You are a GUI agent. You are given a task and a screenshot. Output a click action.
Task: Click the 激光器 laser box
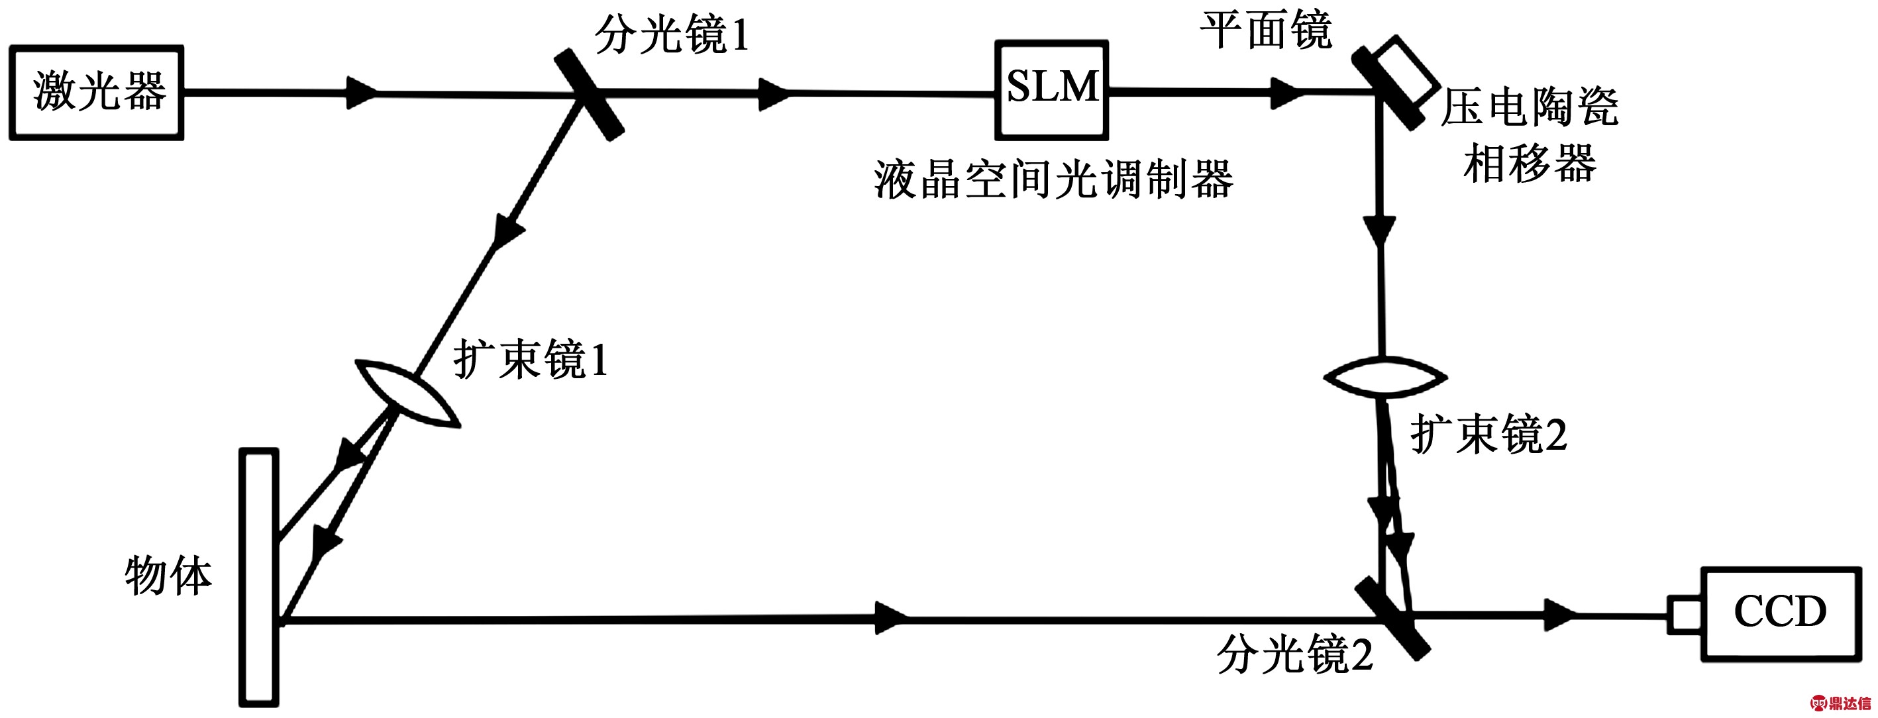point(96,93)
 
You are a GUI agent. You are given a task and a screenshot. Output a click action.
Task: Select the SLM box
point(1051,89)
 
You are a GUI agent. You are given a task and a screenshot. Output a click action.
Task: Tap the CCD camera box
point(1781,614)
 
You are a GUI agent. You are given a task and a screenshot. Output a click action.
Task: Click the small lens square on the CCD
point(1685,615)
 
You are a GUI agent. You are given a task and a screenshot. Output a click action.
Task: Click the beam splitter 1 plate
point(590,95)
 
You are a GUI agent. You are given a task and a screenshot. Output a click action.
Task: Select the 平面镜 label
point(1266,30)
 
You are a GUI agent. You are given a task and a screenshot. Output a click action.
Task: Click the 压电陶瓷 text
point(1529,107)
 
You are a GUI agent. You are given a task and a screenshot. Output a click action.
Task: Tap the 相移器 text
point(1530,162)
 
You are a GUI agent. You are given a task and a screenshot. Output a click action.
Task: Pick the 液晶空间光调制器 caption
point(1053,179)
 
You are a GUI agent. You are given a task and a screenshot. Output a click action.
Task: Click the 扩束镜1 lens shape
point(407,392)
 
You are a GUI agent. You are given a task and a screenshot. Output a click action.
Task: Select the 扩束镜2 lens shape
point(1384,377)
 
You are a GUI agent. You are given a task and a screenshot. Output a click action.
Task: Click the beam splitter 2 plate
point(1392,619)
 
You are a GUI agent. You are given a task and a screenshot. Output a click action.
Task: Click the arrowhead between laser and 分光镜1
point(362,93)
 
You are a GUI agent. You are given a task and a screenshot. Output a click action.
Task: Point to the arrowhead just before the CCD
point(1560,615)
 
